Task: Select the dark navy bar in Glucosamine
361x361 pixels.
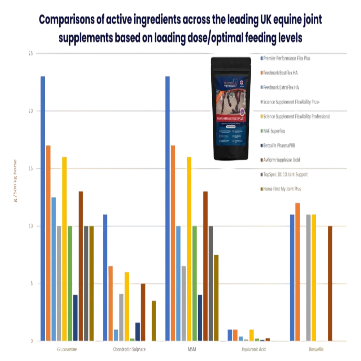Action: [x=75, y=317]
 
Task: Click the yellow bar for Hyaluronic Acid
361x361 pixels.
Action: [x=252, y=335]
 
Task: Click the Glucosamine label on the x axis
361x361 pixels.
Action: [x=68, y=349]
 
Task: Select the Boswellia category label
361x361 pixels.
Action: [x=316, y=349]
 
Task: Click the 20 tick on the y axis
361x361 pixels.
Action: [x=31, y=111]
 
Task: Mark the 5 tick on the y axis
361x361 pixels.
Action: [x=31, y=283]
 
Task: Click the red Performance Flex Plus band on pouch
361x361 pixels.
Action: [x=231, y=118]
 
